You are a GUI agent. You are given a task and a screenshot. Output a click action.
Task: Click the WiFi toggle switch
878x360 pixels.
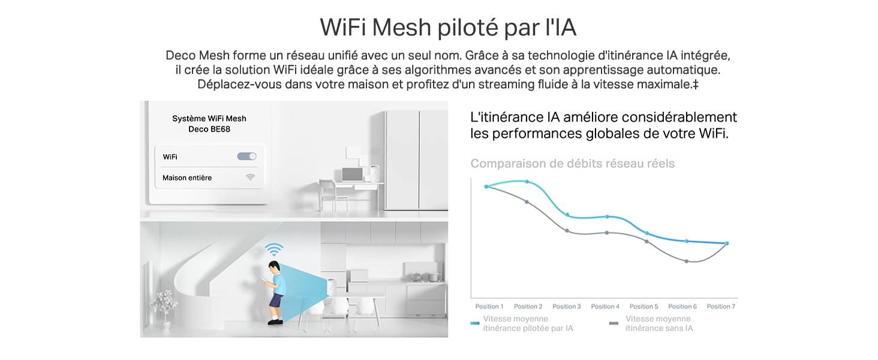coord(246,157)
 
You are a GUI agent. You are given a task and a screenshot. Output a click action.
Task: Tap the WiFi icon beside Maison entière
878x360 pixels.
coord(250,177)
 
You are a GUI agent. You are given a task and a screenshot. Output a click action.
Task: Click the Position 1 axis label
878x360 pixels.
coord(489,307)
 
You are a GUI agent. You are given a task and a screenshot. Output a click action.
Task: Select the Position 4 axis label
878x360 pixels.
coord(605,307)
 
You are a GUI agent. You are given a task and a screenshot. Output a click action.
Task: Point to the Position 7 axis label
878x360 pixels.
coord(721,307)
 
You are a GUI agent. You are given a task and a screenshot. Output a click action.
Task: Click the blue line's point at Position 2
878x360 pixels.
coord(527,182)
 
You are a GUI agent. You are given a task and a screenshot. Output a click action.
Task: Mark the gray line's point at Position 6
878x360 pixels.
coord(686,261)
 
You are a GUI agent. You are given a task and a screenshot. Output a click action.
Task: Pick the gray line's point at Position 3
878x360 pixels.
coord(567,230)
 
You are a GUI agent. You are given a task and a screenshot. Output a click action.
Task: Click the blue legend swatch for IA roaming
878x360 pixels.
coord(474,323)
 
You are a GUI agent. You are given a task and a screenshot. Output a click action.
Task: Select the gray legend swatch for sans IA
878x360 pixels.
coord(614,323)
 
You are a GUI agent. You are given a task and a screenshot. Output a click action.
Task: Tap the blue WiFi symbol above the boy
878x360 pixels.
coord(274,249)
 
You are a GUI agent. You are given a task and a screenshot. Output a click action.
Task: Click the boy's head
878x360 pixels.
coord(274,268)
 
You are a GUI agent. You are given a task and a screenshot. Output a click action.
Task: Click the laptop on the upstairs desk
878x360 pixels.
coord(353,175)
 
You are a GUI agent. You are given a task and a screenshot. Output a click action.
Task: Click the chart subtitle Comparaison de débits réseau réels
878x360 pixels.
coord(573,164)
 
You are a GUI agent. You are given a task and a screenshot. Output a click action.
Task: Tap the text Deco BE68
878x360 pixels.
coord(209,129)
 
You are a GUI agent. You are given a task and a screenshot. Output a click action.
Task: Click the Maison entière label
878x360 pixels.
coord(187,178)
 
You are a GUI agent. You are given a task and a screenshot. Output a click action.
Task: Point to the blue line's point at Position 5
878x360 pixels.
coord(647,233)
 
